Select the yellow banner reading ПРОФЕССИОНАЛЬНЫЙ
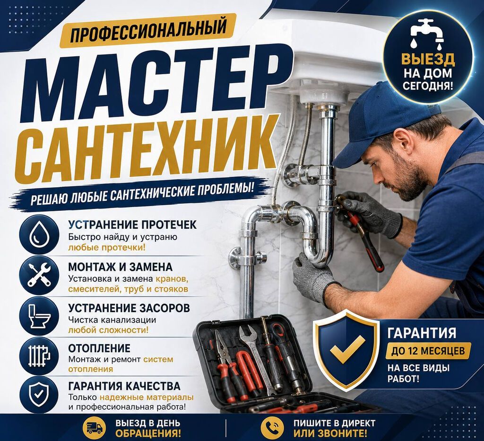coord(148,30)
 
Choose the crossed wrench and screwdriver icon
coord(39,274)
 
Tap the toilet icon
coord(39,316)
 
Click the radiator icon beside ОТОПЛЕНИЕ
coord(39,356)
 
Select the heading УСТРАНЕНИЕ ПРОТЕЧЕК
coord(132,225)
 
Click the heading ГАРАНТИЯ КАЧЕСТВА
coord(124,386)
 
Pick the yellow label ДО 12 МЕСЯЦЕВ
coord(428,351)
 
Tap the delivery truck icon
coord(95,428)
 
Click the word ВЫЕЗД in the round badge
coord(428,59)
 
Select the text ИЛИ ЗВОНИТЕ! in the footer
coord(330,433)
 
